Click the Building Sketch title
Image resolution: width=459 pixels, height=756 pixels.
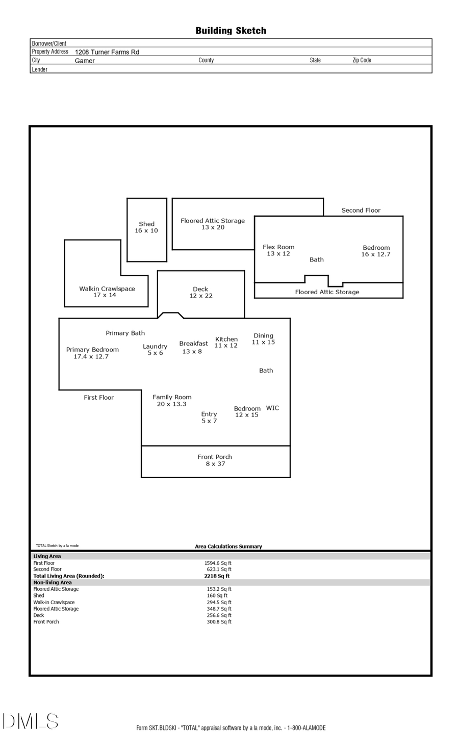tap(231, 31)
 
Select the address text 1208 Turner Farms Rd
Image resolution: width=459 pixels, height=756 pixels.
tap(107, 52)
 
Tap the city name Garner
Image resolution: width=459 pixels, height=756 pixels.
tap(85, 61)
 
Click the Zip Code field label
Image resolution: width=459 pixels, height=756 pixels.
tap(362, 60)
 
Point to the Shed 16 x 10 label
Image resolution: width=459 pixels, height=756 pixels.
tap(146, 227)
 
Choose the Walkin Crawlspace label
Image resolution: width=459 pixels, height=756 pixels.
tap(107, 292)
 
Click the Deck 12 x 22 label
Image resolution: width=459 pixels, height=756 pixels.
tap(200, 292)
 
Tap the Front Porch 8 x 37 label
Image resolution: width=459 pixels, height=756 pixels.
tap(215, 460)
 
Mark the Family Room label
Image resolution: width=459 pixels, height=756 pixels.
tap(172, 400)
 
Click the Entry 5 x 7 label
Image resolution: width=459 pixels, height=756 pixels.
tap(209, 418)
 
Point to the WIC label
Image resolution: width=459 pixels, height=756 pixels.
tap(272, 408)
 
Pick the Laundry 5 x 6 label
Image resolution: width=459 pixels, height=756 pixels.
tap(155, 350)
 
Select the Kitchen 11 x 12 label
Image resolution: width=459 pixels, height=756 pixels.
tap(226, 342)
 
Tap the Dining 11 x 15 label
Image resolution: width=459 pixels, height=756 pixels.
tap(263, 339)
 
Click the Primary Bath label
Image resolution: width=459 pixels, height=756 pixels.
tap(125, 333)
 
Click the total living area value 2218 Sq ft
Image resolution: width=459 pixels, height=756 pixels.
tap(217, 576)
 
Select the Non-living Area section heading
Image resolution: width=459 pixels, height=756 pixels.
tap(53, 582)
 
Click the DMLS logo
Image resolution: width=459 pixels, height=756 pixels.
tap(31, 721)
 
